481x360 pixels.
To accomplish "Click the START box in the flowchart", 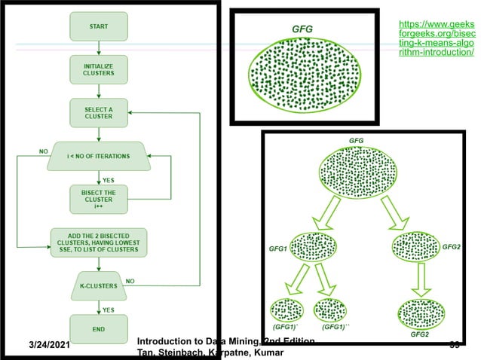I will pos(99,26).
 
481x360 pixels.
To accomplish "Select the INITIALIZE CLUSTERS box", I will pos(99,70).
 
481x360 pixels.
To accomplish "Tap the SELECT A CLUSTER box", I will pos(99,113).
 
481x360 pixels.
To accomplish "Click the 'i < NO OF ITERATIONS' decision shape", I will pos(99,156).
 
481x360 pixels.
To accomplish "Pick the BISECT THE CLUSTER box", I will pos(99,200).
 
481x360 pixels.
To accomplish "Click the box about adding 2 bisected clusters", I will pos(99,241).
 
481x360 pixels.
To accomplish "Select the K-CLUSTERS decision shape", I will pos(99,285).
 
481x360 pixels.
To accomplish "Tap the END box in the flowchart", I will pos(99,328).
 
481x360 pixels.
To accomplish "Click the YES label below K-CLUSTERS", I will pos(109,309).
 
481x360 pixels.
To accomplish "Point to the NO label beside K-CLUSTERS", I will pos(130,279).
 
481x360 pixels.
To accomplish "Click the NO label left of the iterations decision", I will pos(44,151).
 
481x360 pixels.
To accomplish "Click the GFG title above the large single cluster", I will pos(302,29).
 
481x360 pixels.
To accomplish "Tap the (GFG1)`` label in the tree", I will pos(335,328).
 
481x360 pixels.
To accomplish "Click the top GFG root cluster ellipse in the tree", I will pos(357,171).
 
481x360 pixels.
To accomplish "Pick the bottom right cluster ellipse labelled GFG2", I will pos(420,312).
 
